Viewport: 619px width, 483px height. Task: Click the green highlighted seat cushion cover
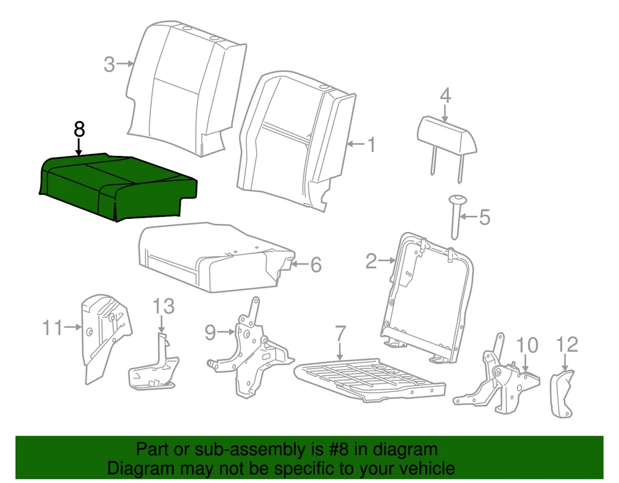(118, 186)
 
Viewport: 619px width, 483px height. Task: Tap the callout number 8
(79, 129)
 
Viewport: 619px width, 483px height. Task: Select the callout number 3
(110, 64)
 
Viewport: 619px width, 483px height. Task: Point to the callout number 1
(371, 145)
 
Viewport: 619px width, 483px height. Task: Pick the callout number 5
(485, 217)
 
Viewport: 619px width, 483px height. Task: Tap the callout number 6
(316, 265)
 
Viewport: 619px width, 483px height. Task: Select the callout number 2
(371, 261)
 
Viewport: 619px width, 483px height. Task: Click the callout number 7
(340, 333)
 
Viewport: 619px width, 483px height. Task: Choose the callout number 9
(210, 333)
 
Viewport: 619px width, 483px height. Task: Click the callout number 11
(53, 328)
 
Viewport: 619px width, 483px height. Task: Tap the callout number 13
(163, 306)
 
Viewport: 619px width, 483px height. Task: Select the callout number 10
(527, 345)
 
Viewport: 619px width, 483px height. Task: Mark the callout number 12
(567, 344)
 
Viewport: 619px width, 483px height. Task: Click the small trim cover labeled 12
(563, 393)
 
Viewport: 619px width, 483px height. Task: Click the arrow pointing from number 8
(79, 147)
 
